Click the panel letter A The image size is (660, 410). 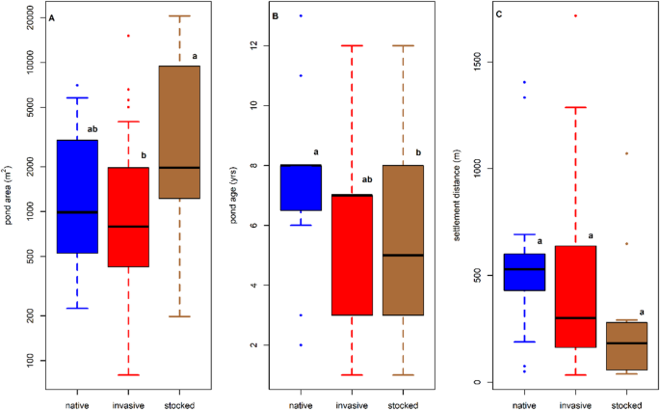click(51, 18)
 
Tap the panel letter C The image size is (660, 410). click(497, 18)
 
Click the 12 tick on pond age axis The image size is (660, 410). click(256, 45)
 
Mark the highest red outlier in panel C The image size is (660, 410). click(575, 16)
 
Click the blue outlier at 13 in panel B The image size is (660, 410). click(301, 16)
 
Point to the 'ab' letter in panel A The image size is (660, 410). click(92, 129)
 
